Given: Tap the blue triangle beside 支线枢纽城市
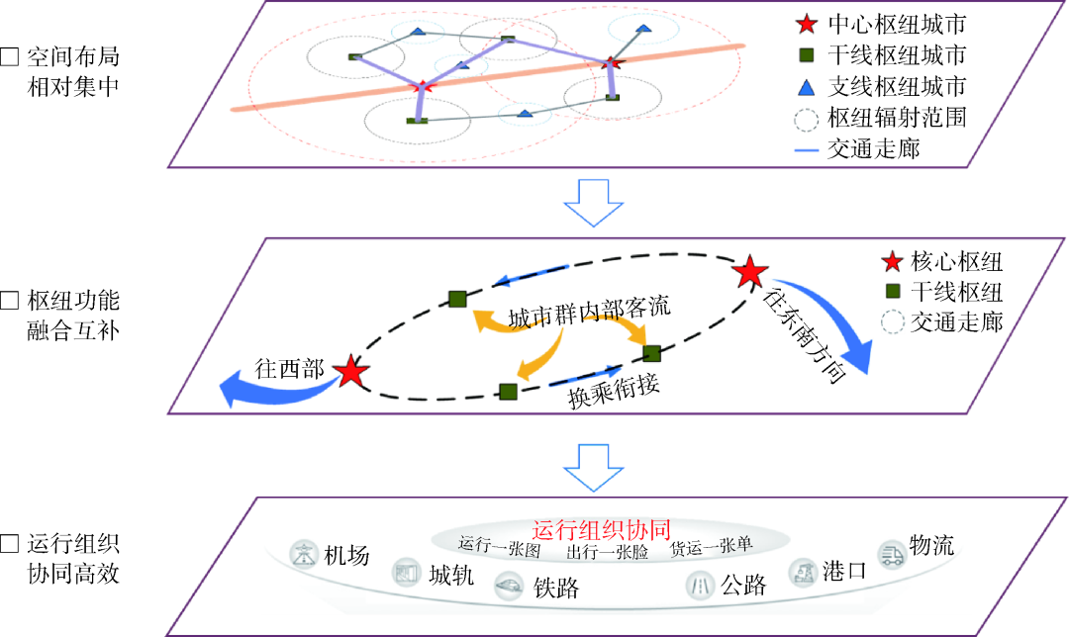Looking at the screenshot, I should click(808, 86).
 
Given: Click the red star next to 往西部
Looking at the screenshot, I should click(350, 373).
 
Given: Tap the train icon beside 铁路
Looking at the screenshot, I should click(511, 585).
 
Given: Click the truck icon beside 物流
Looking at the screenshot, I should click(892, 552).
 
